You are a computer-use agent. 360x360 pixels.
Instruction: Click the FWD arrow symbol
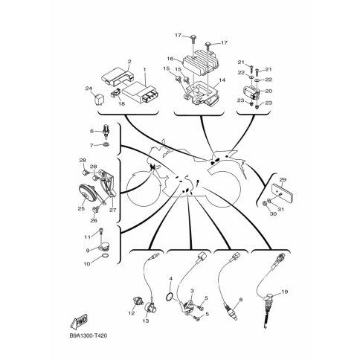(80, 321)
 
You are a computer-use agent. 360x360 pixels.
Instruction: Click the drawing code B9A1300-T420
(89, 336)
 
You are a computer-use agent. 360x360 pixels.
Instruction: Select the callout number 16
(170, 59)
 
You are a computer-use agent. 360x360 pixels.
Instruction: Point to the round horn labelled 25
(86, 193)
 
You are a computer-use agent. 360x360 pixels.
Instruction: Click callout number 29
(283, 179)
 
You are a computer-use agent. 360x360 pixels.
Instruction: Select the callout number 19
(285, 292)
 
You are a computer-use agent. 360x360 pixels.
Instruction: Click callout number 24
(89, 88)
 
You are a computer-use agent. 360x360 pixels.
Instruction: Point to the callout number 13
(146, 321)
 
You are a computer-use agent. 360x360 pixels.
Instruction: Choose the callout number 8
(240, 300)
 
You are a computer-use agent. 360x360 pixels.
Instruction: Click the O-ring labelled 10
(105, 256)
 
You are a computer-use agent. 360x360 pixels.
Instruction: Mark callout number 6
(91, 131)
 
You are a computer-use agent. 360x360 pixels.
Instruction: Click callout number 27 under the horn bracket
(113, 210)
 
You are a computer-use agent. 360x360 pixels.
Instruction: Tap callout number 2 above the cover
(129, 61)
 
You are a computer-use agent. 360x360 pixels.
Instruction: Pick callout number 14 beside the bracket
(222, 80)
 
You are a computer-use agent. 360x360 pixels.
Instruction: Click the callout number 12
(132, 313)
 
